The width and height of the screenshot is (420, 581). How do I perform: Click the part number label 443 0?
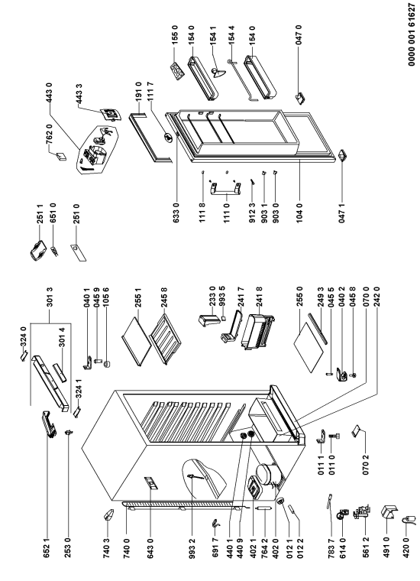[x=50, y=93]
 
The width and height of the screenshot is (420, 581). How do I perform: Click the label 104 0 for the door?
[x=299, y=213]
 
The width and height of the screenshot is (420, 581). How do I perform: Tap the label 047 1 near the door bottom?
[x=342, y=213]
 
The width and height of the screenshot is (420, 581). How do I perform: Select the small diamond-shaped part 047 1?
[x=342, y=155]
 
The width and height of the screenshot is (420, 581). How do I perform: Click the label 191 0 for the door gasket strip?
[x=139, y=92]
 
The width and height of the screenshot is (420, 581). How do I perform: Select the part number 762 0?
[x=50, y=134]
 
